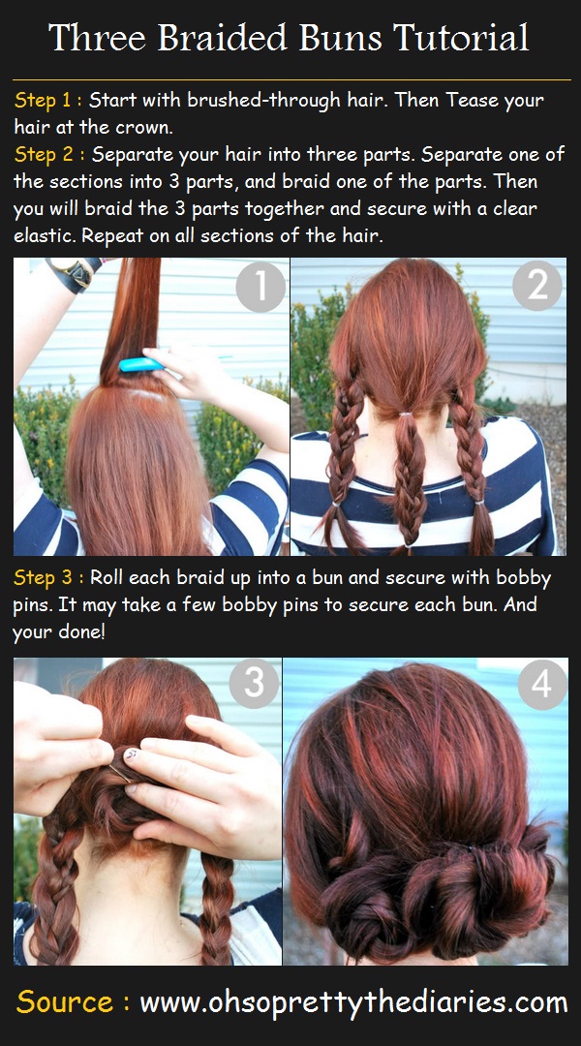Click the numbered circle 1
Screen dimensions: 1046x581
click(260, 288)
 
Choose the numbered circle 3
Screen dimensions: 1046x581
click(253, 684)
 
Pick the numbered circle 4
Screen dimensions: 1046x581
click(541, 685)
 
